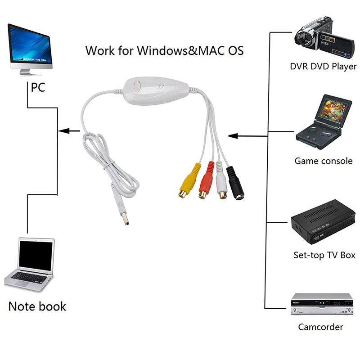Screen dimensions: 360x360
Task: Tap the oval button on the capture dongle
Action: [x=137, y=85]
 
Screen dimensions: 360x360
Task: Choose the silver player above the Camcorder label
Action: [x=321, y=303]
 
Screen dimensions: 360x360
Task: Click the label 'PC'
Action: [x=38, y=87]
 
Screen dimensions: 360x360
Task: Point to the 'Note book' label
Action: [x=37, y=307]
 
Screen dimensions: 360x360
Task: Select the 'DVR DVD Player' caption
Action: [x=323, y=67]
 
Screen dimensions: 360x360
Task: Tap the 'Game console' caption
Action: [x=323, y=161]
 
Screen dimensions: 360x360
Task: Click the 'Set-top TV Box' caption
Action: [x=324, y=255]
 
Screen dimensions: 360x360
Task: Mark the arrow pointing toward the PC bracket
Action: [x=69, y=131]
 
